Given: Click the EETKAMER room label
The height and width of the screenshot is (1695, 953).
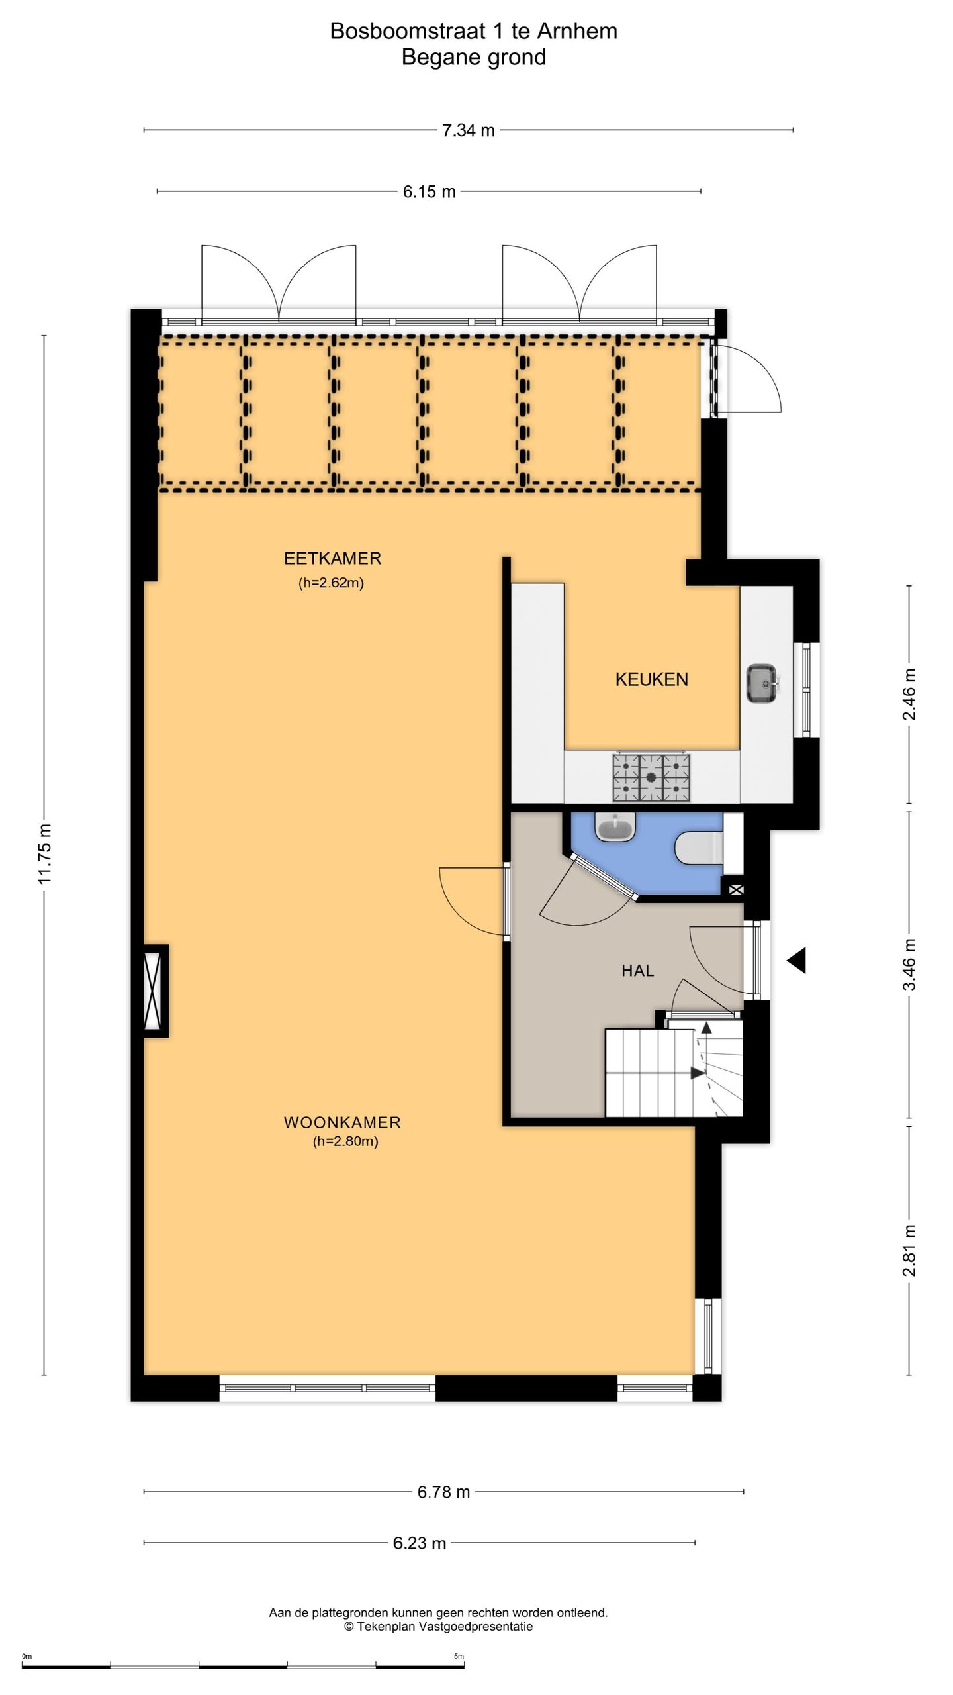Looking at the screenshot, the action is (x=332, y=558).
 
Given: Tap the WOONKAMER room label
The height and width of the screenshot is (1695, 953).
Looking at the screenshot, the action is (x=342, y=1122).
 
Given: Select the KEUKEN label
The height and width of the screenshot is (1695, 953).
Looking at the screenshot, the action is (x=652, y=679).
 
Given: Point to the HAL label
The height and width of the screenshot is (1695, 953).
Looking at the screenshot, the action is (x=637, y=971).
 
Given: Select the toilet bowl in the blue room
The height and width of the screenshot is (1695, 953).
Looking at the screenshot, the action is (x=699, y=848).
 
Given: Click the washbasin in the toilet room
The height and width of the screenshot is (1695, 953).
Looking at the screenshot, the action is (x=615, y=828).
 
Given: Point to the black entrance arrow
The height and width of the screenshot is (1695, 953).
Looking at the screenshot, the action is (x=796, y=960).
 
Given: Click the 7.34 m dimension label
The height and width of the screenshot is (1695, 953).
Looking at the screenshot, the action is (x=469, y=130).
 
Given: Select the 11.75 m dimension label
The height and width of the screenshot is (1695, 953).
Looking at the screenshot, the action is (x=44, y=853).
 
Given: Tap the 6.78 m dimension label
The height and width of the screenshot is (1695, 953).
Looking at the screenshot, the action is (x=443, y=1486).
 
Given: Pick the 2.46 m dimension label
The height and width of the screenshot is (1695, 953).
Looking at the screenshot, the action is (x=910, y=694).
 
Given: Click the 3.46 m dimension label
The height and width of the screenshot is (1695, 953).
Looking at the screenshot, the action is (x=910, y=963).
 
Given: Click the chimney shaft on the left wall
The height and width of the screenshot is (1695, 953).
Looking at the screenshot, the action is (x=155, y=991).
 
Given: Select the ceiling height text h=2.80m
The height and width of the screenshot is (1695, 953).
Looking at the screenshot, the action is (x=345, y=1141).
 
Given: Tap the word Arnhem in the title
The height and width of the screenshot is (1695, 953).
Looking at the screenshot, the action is (x=577, y=31).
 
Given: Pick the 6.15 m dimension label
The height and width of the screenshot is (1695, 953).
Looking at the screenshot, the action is (x=430, y=192).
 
